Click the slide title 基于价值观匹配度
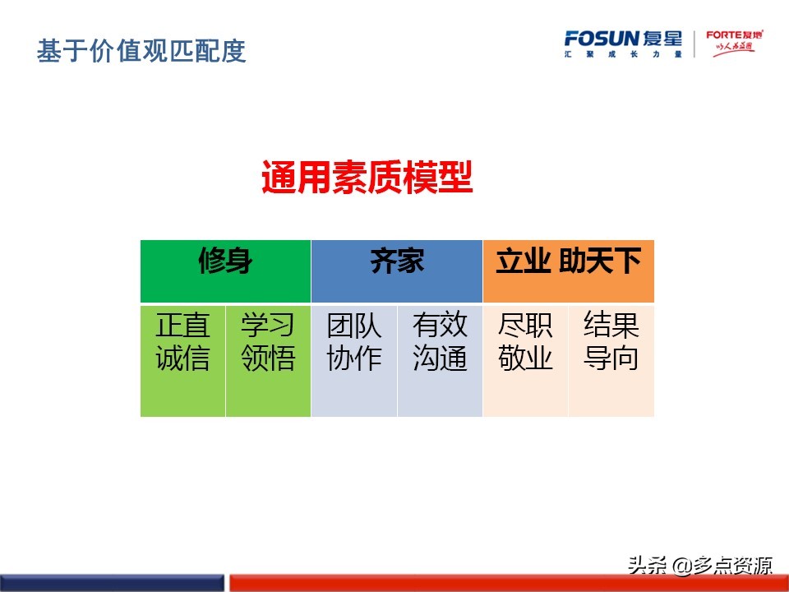(x=141, y=52)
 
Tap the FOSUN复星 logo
(x=623, y=39)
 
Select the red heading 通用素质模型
(x=367, y=178)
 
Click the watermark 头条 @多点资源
(x=700, y=565)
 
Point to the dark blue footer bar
(x=112, y=583)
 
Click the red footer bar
(x=509, y=583)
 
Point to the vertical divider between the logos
(x=694, y=44)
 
